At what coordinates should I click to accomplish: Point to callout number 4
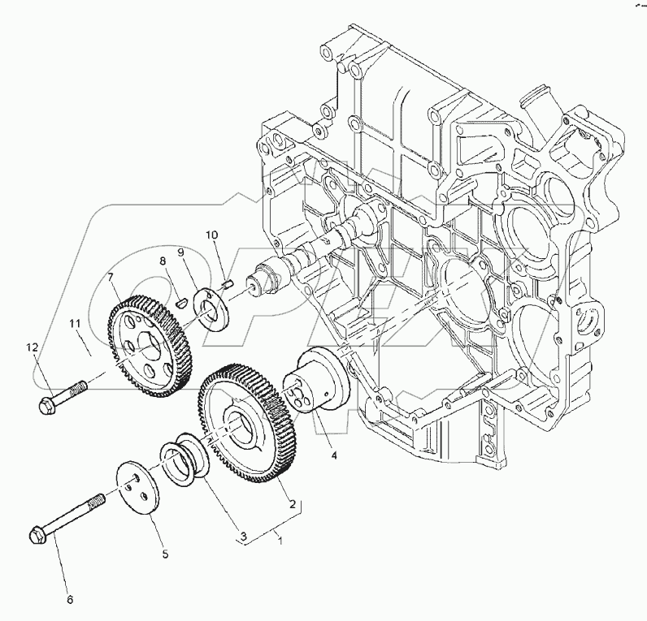tap(334, 455)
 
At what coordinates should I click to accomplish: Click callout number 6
tap(69, 600)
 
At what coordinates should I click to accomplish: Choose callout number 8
tap(163, 261)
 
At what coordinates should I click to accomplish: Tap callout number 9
tap(181, 253)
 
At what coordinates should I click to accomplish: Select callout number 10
tap(211, 235)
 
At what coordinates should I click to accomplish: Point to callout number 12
tap(32, 347)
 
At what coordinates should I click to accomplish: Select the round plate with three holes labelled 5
tap(135, 488)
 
